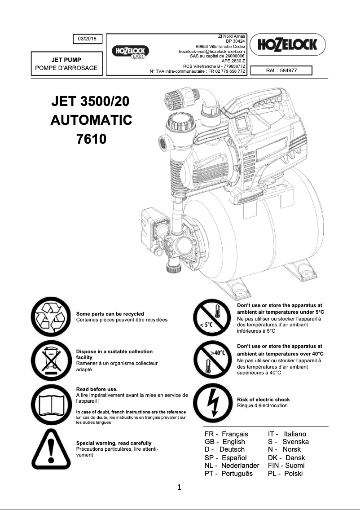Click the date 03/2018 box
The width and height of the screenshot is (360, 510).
point(88,39)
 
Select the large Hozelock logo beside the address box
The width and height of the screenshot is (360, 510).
point(287,44)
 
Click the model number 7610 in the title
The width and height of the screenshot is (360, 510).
point(92,139)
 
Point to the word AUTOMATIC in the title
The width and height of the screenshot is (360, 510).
point(92,120)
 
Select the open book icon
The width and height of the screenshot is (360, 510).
point(50,402)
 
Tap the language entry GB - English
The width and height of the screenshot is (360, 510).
point(225,442)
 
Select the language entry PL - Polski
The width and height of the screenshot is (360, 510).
point(285,474)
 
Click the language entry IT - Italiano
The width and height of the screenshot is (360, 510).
point(287,434)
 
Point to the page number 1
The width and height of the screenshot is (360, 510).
point(180,487)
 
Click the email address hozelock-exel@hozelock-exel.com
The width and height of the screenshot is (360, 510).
point(211,52)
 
